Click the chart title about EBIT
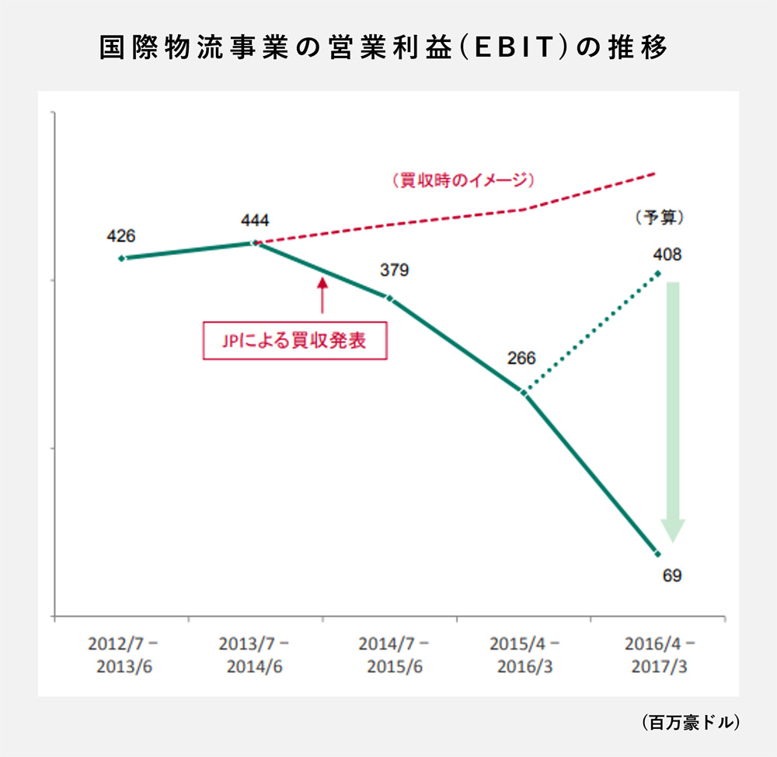point(384,48)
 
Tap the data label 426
point(121,235)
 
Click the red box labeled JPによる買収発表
point(294,340)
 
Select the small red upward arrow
point(321,295)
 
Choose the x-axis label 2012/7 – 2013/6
point(122,656)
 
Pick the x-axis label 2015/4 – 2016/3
point(524,656)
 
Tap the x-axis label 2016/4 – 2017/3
point(659,656)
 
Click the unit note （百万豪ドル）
point(690,722)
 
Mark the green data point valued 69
point(657,553)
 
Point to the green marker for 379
point(389,298)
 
